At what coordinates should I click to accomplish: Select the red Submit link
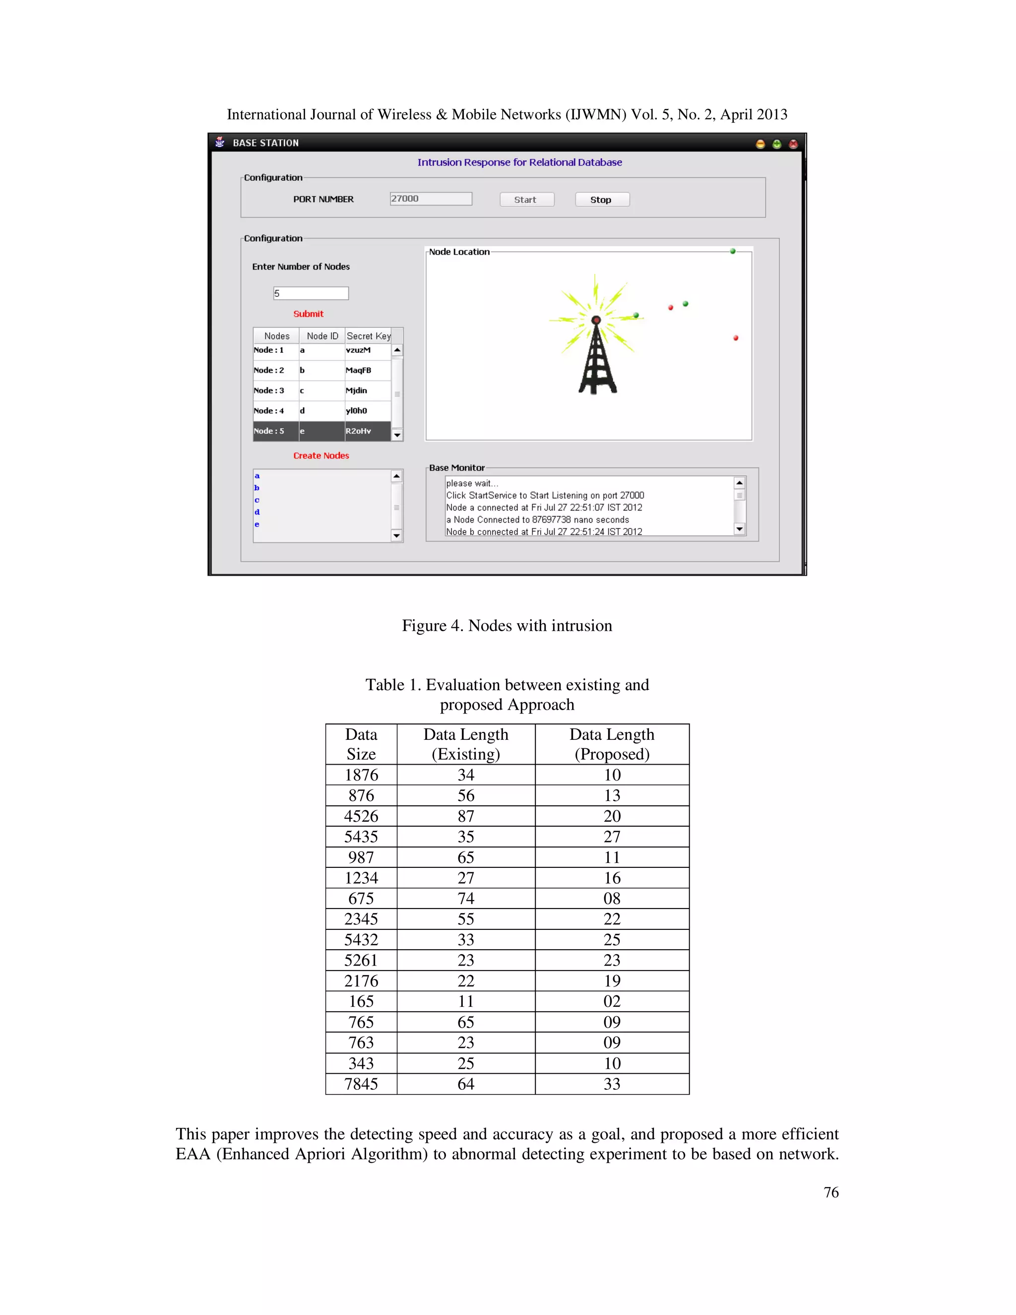point(308,314)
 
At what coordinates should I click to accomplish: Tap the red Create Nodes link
point(321,456)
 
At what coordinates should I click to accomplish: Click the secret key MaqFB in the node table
point(359,370)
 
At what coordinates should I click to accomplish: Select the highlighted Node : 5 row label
point(269,431)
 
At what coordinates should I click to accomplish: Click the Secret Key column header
point(369,336)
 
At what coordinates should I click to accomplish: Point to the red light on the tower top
point(596,320)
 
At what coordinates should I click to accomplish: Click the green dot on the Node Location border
point(733,251)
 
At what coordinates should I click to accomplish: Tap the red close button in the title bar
point(793,144)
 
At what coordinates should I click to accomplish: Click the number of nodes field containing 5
point(311,293)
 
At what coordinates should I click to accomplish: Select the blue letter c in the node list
point(257,500)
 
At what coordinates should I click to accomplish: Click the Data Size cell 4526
point(361,816)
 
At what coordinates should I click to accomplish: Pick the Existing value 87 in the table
point(466,816)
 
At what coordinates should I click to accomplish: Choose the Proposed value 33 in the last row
point(612,1084)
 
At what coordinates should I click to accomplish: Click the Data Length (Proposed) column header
point(612,744)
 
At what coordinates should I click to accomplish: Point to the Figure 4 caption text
point(507,626)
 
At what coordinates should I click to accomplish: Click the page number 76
point(830,1192)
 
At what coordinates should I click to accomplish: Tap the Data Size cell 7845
point(361,1084)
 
